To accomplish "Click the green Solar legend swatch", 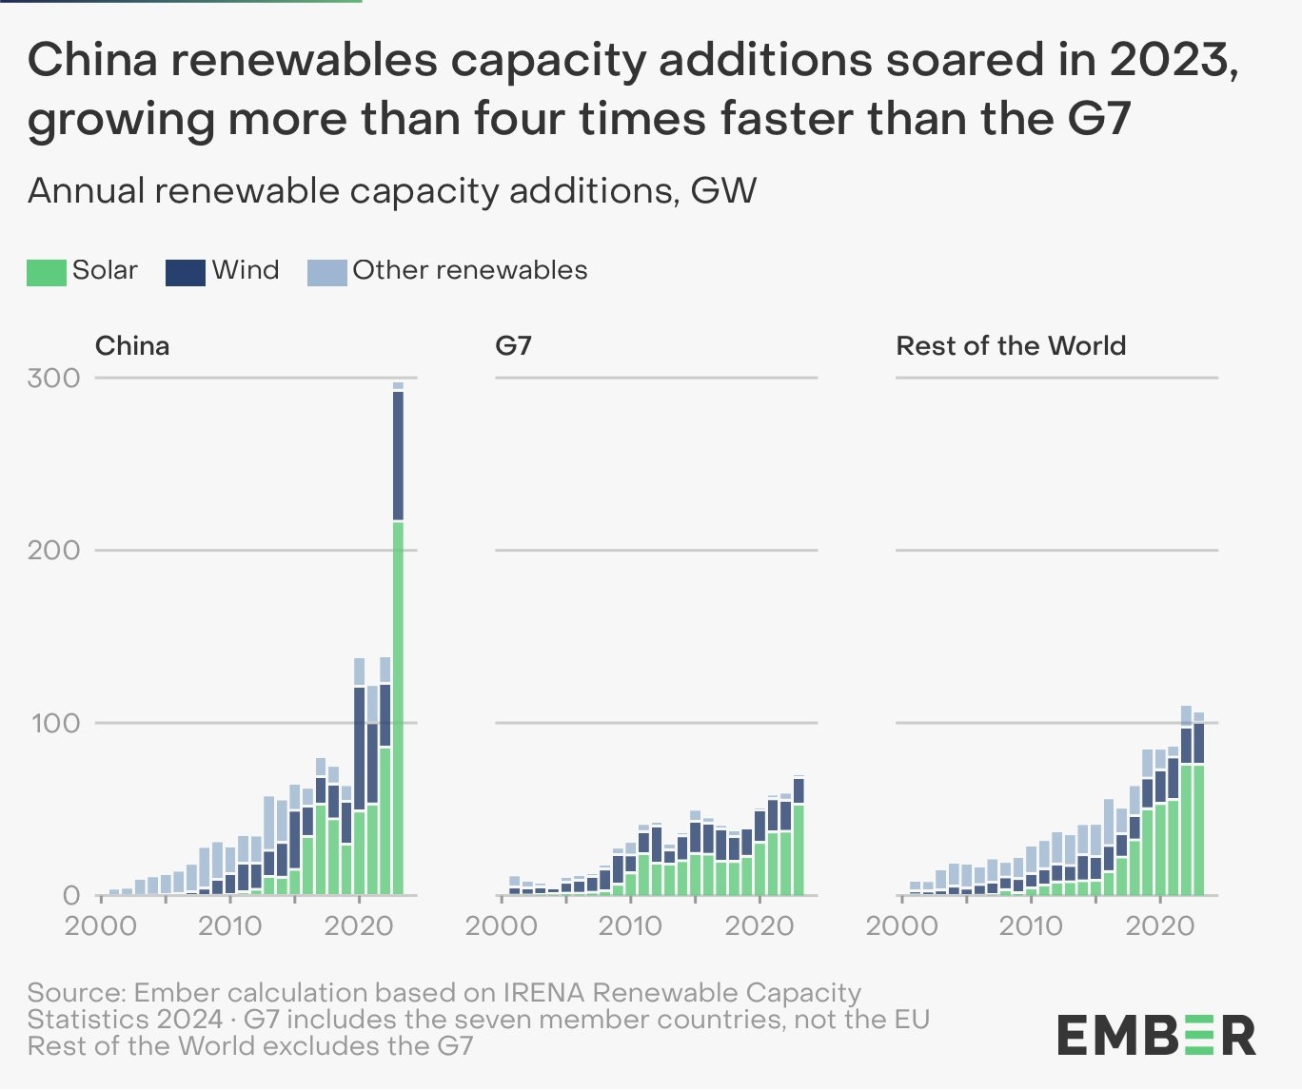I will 47,272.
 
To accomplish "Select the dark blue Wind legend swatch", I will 186,272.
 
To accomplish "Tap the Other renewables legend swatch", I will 326,272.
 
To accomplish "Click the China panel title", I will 132,345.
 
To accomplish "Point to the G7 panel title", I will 513,345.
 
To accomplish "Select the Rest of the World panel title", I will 1011,345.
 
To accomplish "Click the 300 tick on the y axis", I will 54,378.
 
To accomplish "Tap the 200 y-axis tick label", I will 54,550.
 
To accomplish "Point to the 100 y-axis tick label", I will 54,723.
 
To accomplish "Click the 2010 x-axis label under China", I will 229,925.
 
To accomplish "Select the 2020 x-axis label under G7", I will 759,925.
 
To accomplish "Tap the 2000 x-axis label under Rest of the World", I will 901,925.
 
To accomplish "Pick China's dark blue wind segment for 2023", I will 398,457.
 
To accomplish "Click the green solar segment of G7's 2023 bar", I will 799,850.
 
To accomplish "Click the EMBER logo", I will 1156,1035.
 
